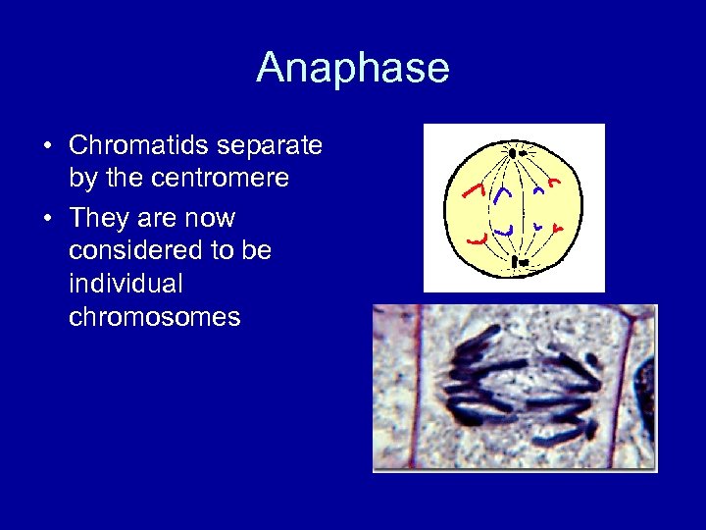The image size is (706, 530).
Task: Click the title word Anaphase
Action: (353, 68)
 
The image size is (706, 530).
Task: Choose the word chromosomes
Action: (154, 317)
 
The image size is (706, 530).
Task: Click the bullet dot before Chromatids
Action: (47, 147)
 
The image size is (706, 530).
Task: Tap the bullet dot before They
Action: (47, 219)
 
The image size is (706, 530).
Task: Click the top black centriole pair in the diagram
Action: (515, 153)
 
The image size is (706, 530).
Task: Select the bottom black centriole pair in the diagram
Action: (516, 262)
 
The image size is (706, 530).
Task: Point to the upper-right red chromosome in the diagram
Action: (554, 183)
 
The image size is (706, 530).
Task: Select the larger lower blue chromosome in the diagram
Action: (504, 230)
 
